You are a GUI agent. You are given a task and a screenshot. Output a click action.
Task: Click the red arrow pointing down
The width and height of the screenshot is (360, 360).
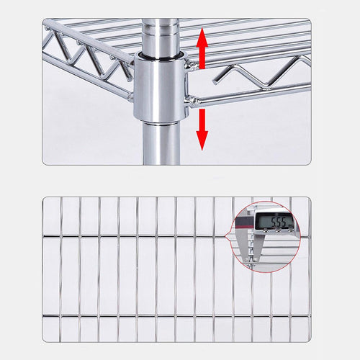pyautogui.click(x=202, y=128)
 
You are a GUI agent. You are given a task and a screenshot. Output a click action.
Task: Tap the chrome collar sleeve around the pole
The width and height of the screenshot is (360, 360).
pyautogui.click(x=161, y=88)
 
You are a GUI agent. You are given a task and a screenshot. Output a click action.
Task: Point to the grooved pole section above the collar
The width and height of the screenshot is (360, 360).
pyautogui.click(x=161, y=36)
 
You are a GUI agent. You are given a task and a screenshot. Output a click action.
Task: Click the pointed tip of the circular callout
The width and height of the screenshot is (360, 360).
pyautogui.click(x=229, y=235)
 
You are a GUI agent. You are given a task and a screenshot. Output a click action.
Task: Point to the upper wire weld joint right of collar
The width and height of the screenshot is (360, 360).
pyautogui.click(x=192, y=64)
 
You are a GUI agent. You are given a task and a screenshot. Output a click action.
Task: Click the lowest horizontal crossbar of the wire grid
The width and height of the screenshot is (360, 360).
pyautogui.click(x=176, y=316)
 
